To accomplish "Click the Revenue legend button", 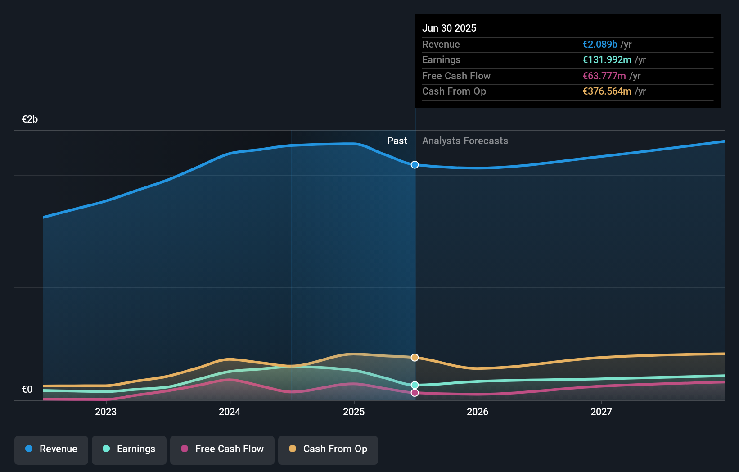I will click(x=51, y=449).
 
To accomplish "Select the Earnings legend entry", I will click(x=129, y=449).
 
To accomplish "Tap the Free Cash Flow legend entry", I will click(x=222, y=449).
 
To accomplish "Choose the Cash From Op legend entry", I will click(x=328, y=449).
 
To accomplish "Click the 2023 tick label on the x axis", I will click(x=106, y=412).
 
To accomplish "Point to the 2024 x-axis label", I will click(x=230, y=412).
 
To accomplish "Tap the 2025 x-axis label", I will click(x=354, y=412).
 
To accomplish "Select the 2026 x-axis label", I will click(x=478, y=412).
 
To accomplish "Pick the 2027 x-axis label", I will click(x=601, y=412).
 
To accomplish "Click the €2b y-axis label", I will click(x=30, y=119).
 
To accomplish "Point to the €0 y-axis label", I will click(x=27, y=390).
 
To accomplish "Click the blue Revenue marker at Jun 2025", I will click(x=415, y=165).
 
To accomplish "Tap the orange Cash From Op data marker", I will click(x=415, y=358).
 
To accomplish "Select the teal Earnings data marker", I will click(x=415, y=385).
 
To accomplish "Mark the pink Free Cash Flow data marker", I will click(x=415, y=393).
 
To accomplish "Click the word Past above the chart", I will click(x=397, y=141).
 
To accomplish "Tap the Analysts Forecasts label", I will click(x=465, y=141).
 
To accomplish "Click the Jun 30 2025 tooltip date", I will click(x=449, y=28).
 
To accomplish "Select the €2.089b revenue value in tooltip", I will click(x=600, y=45).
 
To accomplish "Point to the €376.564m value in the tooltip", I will click(x=607, y=91).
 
